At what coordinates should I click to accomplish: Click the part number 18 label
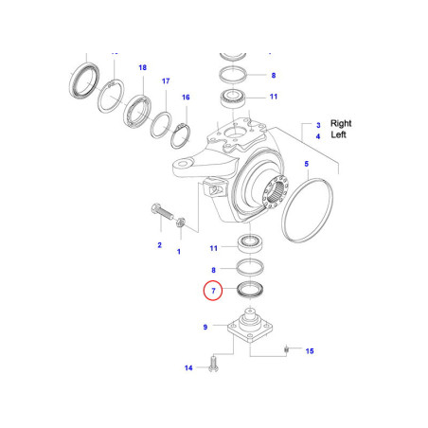[142, 68]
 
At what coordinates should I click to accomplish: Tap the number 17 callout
[166, 81]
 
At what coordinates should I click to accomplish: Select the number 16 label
[186, 98]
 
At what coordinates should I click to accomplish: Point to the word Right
[342, 124]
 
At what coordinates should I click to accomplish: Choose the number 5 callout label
[306, 164]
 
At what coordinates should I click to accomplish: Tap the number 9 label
[205, 328]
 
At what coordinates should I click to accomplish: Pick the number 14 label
[188, 367]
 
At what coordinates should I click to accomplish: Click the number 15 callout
[309, 351]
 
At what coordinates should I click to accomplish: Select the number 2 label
[159, 245]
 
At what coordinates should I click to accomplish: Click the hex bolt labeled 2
[156, 211]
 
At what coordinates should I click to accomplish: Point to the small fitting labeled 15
[285, 352]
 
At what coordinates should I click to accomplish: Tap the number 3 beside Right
[319, 124]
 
